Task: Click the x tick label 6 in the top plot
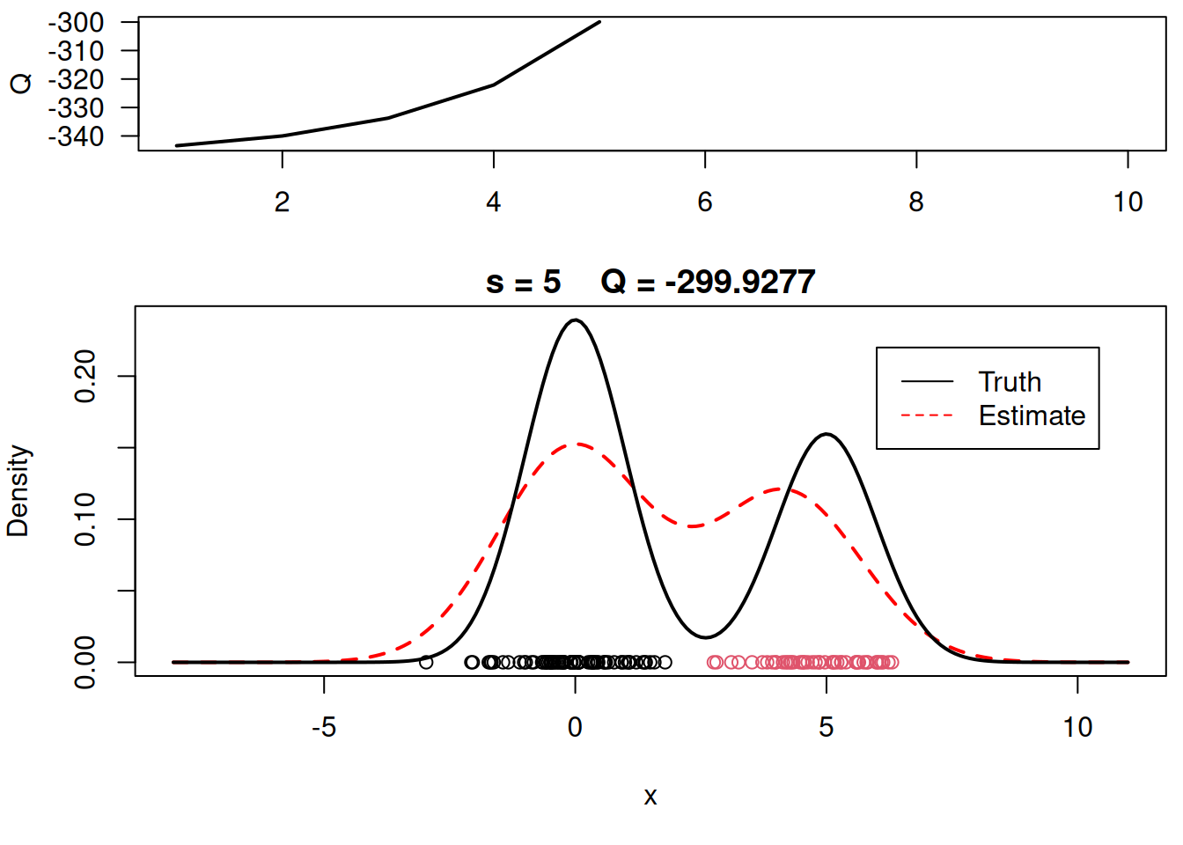point(705,202)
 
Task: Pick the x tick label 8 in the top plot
point(916,202)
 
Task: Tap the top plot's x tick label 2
point(282,202)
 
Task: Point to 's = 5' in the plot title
point(523,283)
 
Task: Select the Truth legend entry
point(1010,382)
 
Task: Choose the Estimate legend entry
point(1032,415)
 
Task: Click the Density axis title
point(18,491)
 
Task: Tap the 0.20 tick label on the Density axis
point(85,376)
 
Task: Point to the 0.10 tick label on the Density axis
point(85,519)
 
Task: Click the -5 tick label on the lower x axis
point(324,727)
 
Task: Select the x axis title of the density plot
point(650,797)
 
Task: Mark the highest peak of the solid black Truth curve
point(575,320)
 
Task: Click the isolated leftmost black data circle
point(426,662)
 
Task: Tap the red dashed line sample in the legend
point(927,415)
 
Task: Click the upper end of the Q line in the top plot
point(599,22)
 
